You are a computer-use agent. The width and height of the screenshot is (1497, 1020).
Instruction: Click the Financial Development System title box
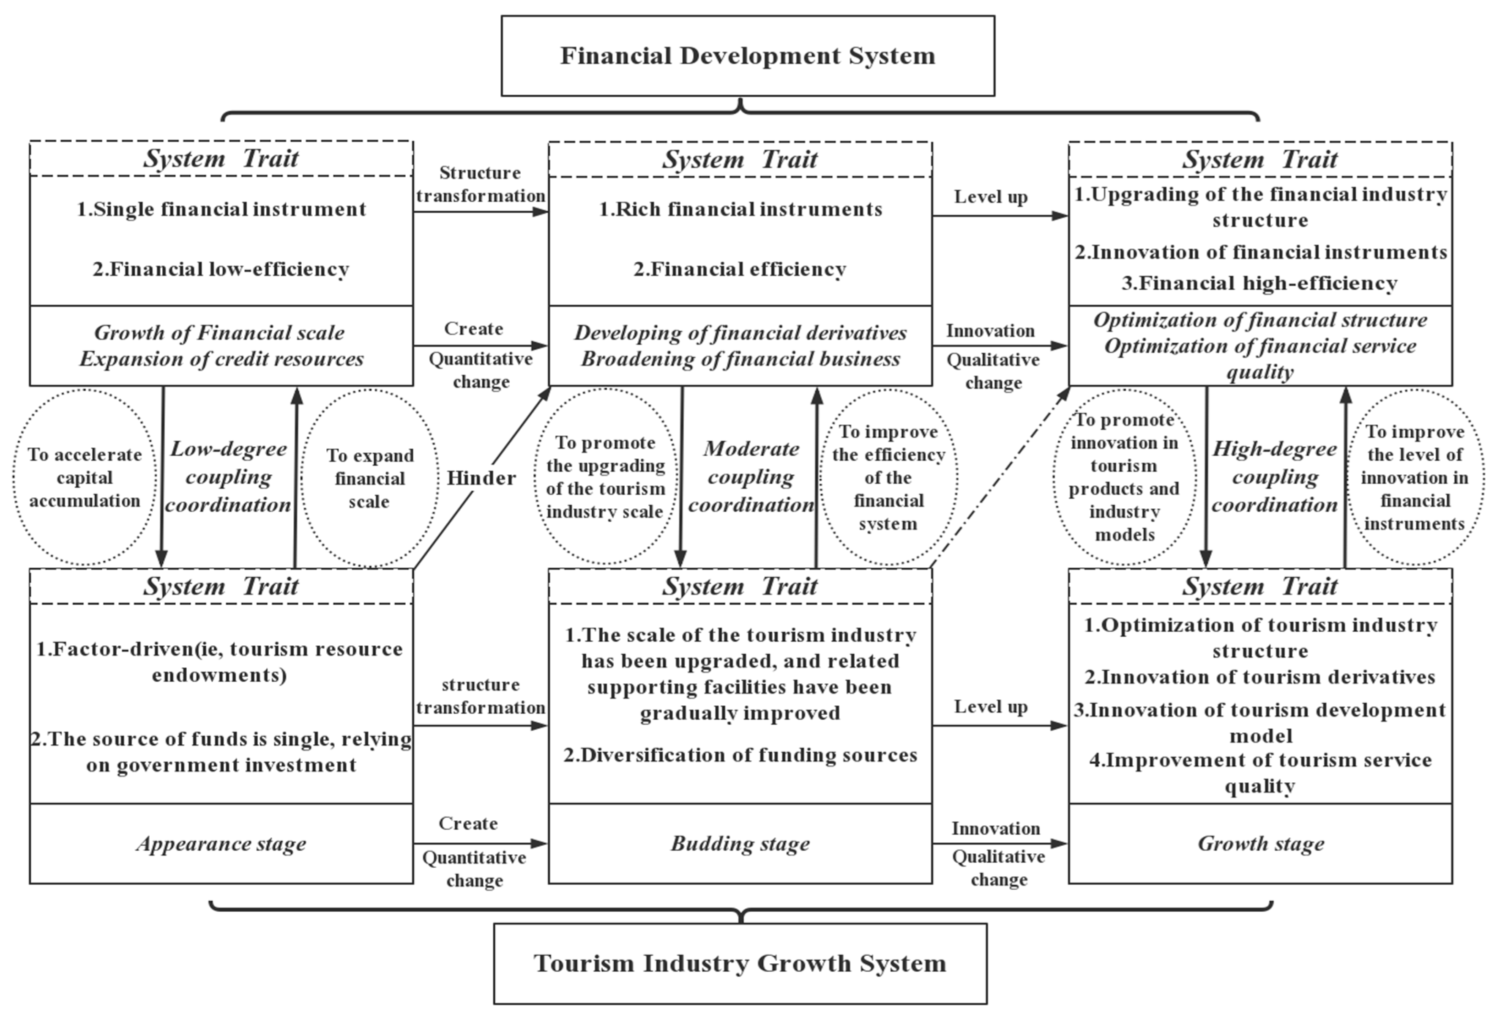747,56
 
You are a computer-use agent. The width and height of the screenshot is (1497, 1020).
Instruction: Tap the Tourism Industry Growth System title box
740,963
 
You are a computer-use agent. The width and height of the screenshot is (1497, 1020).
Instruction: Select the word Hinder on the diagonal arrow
481,478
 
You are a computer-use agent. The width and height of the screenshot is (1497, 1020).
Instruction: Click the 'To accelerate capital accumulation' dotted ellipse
85,477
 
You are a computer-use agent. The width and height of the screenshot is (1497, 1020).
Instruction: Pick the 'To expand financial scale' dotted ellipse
370,478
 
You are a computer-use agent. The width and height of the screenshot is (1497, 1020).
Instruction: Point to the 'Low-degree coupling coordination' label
228,477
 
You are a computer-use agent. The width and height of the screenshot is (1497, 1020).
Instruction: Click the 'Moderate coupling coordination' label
751,477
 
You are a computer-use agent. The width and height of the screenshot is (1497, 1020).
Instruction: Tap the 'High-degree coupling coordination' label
1274,477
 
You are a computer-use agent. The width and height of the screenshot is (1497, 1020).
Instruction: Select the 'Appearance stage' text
221,844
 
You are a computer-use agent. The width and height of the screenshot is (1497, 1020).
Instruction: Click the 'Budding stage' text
740,844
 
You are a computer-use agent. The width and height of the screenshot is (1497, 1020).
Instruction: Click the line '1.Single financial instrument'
221,209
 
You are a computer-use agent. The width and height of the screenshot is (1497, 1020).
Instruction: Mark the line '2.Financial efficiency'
740,269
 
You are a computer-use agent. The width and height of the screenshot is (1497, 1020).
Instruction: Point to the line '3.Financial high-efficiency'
1259,283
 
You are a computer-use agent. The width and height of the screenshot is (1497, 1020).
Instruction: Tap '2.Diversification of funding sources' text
740,755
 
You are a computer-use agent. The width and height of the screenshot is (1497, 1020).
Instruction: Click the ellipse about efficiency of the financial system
888,477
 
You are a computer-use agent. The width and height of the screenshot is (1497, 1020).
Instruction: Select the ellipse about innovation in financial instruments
1415,477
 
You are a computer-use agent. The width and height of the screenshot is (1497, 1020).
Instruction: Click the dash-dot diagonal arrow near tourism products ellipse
1000,478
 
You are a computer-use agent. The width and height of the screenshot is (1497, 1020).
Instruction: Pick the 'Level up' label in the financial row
990,197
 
